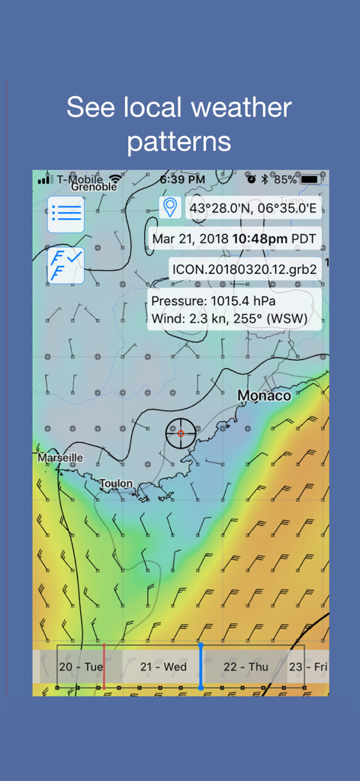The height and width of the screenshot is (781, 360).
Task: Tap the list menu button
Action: (x=66, y=214)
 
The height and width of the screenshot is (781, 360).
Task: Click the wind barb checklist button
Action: (x=66, y=265)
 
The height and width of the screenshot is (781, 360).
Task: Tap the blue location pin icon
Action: (x=169, y=207)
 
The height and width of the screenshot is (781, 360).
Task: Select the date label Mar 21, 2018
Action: (x=190, y=239)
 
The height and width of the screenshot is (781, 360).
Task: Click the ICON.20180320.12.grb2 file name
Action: (x=245, y=268)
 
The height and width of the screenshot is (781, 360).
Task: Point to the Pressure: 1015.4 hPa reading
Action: (x=214, y=301)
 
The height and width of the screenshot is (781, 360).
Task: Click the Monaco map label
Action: (x=264, y=396)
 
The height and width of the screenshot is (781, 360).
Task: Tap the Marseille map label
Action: (x=60, y=458)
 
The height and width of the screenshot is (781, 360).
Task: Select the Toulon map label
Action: (x=115, y=484)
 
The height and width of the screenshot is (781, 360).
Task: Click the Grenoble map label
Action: (x=95, y=187)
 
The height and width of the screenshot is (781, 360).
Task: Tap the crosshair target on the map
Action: (x=181, y=433)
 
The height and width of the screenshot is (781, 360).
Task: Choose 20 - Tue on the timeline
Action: (x=81, y=667)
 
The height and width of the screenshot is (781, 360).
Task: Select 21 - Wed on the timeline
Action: (x=163, y=667)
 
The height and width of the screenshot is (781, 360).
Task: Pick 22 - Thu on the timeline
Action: (x=246, y=667)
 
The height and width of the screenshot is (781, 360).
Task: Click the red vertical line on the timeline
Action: (x=104, y=667)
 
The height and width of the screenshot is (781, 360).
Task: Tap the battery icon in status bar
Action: (x=310, y=179)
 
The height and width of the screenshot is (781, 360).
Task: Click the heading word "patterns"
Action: (x=179, y=142)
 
